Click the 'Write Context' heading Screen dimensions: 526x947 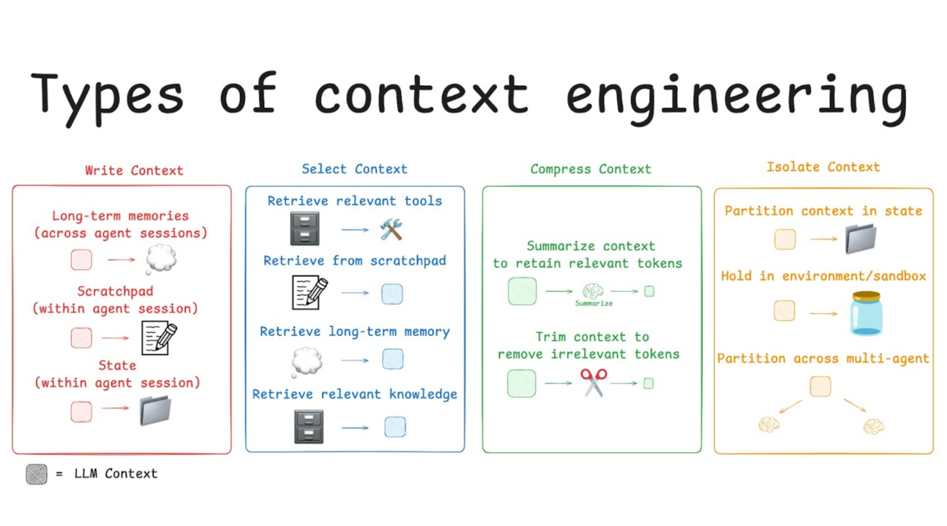(134, 171)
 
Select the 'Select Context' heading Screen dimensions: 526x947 (354, 169)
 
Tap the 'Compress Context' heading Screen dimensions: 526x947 (590, 169)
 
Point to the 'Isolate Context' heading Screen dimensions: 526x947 (823, 167)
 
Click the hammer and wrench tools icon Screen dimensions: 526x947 (391, 229)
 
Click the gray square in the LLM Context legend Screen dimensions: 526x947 (36, 474)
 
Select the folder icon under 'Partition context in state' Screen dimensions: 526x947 (861, 239)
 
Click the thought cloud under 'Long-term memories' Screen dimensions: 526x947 (161, 258)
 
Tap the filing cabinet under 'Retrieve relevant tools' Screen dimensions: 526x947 (305, 228)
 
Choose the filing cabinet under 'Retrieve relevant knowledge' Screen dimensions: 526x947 (308, 427)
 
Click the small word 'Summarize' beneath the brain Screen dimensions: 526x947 (594, 303)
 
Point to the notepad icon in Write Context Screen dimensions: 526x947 (159, 338)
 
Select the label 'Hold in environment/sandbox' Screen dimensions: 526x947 (823, 276)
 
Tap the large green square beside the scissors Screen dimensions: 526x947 (521, 383)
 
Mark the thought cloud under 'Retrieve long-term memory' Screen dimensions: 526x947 (307, 361)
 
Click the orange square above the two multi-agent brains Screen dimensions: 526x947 (820, 386)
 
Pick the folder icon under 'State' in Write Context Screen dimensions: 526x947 (155, 411)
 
